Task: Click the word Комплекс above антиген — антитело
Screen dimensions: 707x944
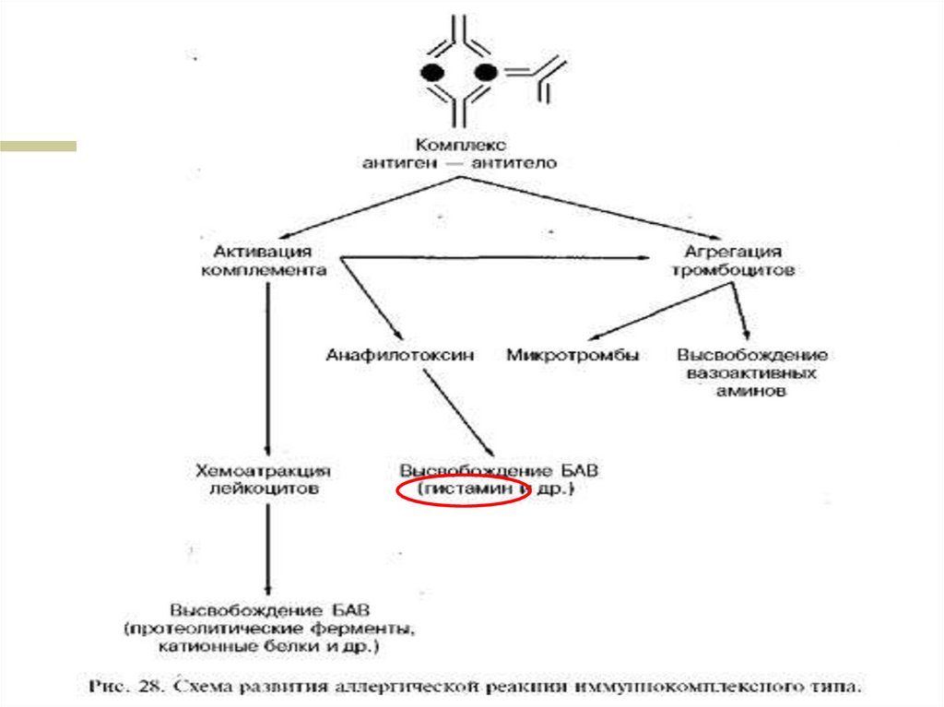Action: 457,145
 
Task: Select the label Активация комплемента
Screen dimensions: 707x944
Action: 264,261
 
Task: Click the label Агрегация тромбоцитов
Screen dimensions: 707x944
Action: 732,261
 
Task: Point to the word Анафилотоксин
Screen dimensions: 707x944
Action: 400,355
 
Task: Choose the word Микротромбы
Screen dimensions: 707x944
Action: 572,355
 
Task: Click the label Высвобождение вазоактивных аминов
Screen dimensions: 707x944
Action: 752,372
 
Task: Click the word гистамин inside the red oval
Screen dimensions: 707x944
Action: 466,490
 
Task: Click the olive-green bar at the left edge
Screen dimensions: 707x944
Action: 38,145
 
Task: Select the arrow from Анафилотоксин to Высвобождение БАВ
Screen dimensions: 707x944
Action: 458,410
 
